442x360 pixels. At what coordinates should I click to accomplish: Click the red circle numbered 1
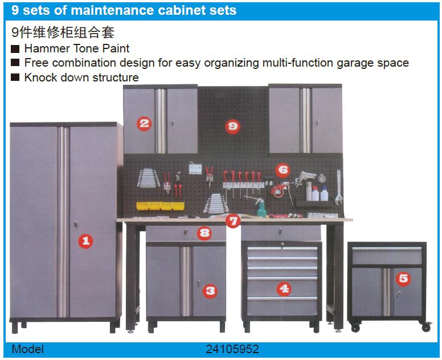click(x=85, y=241)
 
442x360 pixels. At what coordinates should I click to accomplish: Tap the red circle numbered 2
click(x=144, y=124)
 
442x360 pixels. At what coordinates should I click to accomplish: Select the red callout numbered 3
click(x=210, y=291)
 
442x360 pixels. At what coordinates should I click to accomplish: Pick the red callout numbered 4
click(x=284, y=288)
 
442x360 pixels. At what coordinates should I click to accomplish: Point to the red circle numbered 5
click(x=403, y=279)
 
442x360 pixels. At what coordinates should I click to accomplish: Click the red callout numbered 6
click(x=283, y=170)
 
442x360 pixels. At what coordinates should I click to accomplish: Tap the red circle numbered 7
click(x=233, y=221)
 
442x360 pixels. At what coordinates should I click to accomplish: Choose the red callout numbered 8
click(x=204, y=233)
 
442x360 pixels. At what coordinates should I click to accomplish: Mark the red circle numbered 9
click(x=233, y=126)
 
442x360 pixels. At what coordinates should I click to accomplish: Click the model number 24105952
click(x=232, y=349)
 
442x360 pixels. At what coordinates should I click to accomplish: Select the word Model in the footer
click(x=27, y=349)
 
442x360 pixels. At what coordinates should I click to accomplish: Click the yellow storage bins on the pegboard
click(x=160, y=206)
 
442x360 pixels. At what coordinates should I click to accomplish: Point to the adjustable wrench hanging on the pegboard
click(x=339, y=187)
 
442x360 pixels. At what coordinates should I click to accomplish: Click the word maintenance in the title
click(x=112, y=10)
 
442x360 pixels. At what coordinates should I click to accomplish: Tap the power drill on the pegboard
click(x=305, y=178)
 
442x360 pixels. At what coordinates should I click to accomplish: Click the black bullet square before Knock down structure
click(x=15, y=77)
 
